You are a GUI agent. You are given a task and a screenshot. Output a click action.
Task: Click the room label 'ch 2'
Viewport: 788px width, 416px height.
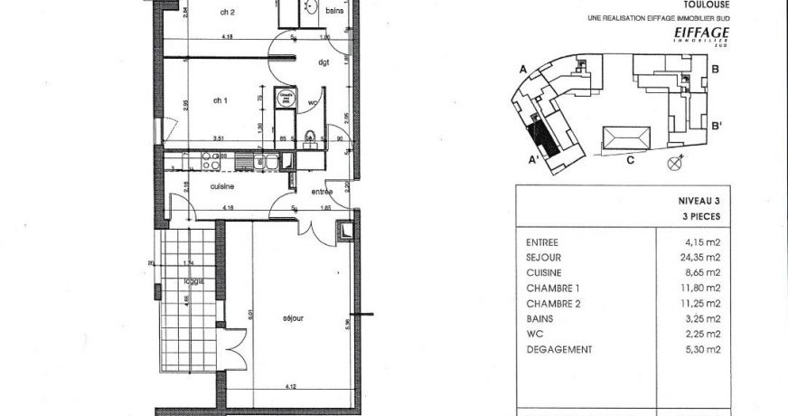[228, 12]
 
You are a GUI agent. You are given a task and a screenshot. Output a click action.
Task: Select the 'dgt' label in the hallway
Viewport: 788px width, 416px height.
[324, 62]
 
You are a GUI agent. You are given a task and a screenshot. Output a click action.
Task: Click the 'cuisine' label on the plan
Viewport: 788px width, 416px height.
[223, 186]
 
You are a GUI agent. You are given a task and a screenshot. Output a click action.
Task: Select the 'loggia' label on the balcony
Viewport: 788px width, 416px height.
[191, 281]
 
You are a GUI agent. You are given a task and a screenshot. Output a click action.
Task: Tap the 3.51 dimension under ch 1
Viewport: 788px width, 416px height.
[218, 137]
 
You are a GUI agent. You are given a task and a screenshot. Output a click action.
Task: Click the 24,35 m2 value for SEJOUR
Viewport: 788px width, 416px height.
[701, 257]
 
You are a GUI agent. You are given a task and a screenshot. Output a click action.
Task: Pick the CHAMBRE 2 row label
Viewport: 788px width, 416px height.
[553, 303]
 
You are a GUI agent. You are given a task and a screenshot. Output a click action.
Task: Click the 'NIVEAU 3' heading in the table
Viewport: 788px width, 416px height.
[699, 203]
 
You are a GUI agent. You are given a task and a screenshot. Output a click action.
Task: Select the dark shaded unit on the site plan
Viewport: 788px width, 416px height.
[542, 137]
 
